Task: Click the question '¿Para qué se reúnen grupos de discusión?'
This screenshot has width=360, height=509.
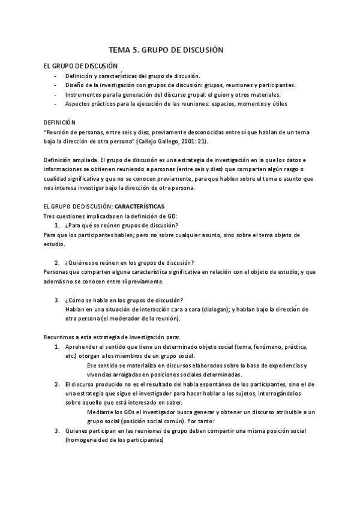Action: (x=119, y=224)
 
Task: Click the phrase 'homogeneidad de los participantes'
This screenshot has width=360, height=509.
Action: (x=115, y=439)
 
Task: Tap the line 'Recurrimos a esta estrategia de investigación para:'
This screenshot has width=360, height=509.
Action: (x=112, y=337)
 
